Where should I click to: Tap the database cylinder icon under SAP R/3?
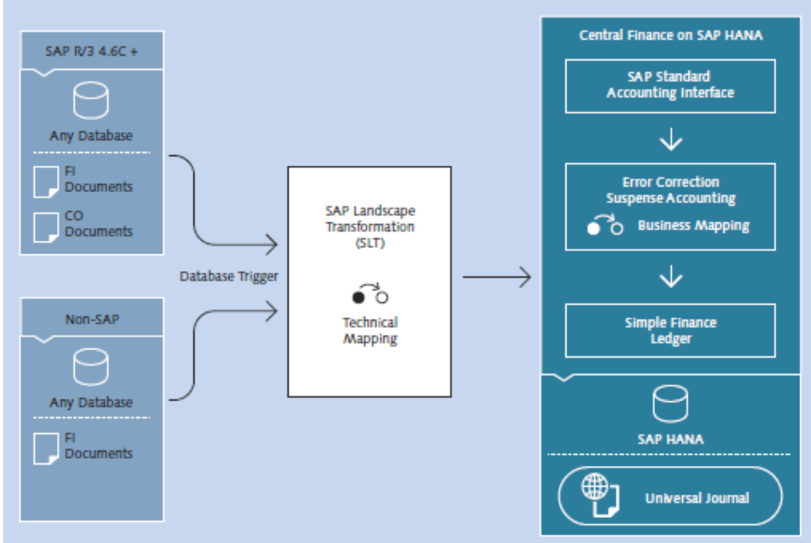[x=90, y=101]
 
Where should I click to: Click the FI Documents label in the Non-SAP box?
[x=98, y=446]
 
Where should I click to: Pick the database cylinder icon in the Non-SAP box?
[x=90, y=367]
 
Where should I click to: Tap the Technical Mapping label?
[x=370, y=331]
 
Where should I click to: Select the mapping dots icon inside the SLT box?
[x=370, y=296]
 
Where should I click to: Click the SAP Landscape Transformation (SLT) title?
[x=370, y=225]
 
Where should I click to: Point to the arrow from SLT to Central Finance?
[x=497, y=277]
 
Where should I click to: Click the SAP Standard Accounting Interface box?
[x=670, y=85]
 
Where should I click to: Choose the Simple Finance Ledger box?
[x=670, y=331]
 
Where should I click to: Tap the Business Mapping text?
[x=694, y=225]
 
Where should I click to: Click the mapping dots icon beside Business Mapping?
[x=606, y=225]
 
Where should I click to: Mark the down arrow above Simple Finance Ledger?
[x=671, y=277]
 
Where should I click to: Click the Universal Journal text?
[x=697, y=498]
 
